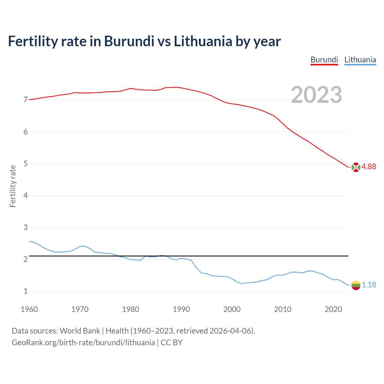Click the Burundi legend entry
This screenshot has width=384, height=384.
(x=324, y=60)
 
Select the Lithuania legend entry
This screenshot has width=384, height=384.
(x=360, y=60)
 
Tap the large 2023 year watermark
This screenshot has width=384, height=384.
(x=316, y=95)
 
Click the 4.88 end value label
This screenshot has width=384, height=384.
(x=369, y=167)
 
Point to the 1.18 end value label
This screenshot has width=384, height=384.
(x=369, y=285)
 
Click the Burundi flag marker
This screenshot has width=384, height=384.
(x=356, y=167)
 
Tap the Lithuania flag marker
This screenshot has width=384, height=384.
(x=356, y=285)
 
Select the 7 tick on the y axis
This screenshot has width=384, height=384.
(x=25, y=100)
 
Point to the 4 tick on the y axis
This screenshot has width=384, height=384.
(x=25, y=196)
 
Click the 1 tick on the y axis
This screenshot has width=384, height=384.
(x=25, y=291)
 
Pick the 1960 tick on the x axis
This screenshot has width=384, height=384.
(x=29, y=309)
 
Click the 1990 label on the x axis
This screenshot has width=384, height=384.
(x=181, y=309)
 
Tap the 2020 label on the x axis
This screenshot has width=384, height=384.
(x=333, y=309)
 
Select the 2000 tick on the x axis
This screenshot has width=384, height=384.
(x=232, y=309)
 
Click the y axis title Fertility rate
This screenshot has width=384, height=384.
(x=13, y=186)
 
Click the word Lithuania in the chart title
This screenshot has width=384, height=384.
(x=203, y=41)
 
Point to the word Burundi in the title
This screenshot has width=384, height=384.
(x=129, y=41)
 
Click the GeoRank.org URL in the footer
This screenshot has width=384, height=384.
(x=83, y=343)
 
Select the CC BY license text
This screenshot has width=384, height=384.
(x=172, y=343)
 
